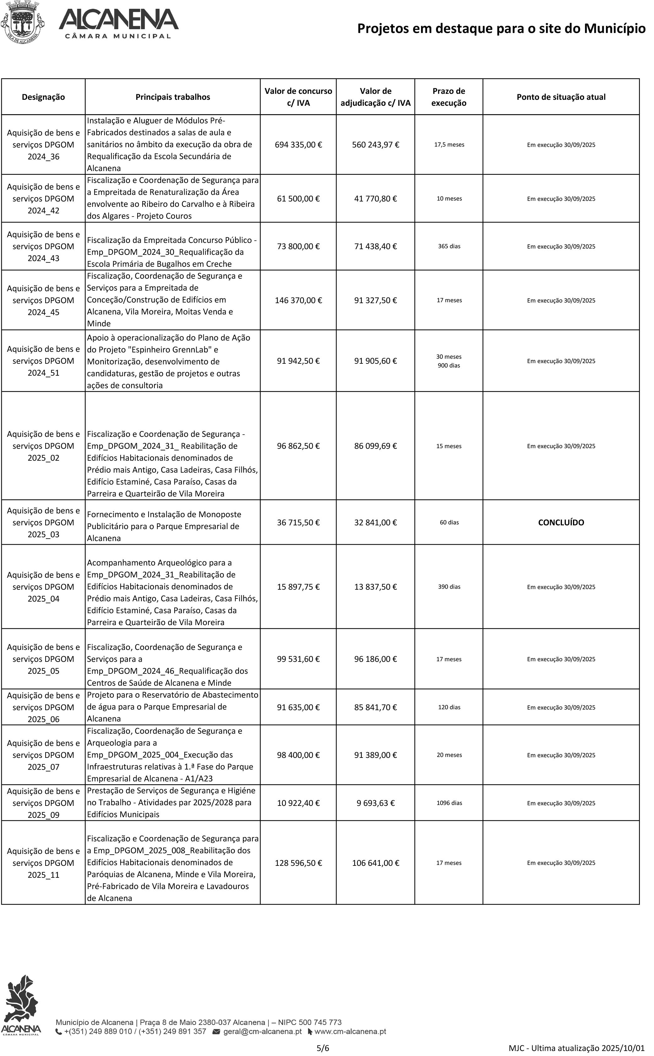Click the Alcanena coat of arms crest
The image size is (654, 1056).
(x=22, y=22)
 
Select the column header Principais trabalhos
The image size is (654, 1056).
(x=173, y=97)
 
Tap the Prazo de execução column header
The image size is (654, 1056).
(x=449, y=97)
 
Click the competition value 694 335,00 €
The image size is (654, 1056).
(x=298, y=144)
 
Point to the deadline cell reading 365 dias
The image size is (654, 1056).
(x=449, y=246)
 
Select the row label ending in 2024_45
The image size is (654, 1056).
(x=43, y=300)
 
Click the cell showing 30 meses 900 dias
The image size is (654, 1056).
(x=449, y=361)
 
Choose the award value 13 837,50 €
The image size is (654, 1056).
(x=375, y=587)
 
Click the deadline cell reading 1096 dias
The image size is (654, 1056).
(x=449, y=803)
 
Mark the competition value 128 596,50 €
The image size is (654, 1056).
(x=298, y=863)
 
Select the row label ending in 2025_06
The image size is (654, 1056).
(x=43, y=707)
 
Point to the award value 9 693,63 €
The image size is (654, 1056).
(x=375, y=803)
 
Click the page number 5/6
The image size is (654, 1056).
(x=323, y=1048)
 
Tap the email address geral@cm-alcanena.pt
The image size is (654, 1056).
(x=262, y=1031)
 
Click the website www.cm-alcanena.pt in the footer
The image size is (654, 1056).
(x=349, y=1031)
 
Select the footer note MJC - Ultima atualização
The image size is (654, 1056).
(x=576, y=1048)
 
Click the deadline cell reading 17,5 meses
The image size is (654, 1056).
(x=449, y=144)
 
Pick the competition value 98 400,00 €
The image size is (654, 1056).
(x=298, y=755)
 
